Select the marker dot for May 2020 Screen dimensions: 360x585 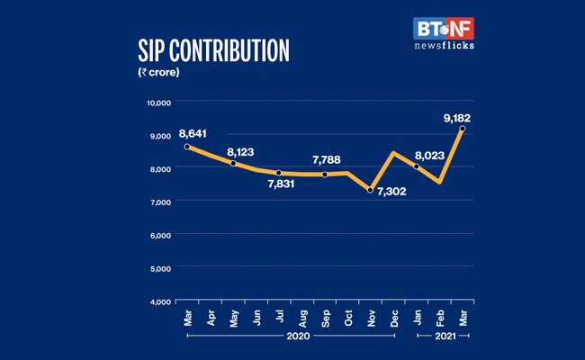(233, 163)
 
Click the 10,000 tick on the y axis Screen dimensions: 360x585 (158, 103)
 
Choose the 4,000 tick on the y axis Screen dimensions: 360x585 (160, 301)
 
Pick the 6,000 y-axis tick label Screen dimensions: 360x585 (160, 235)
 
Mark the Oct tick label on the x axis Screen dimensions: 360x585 (347, 317)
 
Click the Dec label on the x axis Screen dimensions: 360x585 (393, 317)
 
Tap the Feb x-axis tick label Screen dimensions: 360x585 (439, 317)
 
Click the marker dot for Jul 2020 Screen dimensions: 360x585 (279, 174)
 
